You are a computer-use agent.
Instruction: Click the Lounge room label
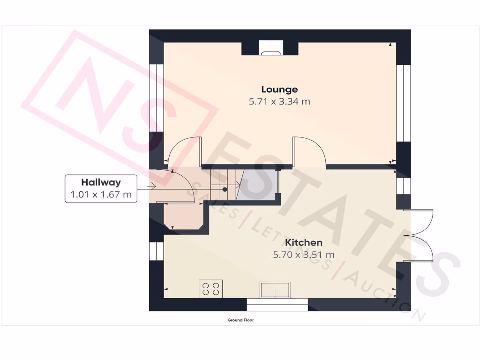pyautogui.click(x=279, y=89)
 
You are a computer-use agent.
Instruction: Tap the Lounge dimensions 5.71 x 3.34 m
pyautogui.click(x=279, y=101)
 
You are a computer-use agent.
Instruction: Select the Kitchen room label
pyautogui.click(x=304, y=242)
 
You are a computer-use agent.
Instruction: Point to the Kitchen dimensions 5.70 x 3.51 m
pyautogui.click(x=304, y=255)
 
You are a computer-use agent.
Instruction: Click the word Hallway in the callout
pyautogui.click(x=101, y=182)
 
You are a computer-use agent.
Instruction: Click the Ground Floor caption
pyautogui.click(x=240, y=320)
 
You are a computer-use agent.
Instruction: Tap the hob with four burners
pyautogui.click(x=211, y=288)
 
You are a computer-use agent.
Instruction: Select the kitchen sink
pyautogui.click(x=275, y=290)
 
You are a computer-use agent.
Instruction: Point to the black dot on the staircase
pyautogui.click(x=225, y=189)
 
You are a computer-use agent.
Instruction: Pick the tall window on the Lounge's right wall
pyautogui.click(x=403, y=103)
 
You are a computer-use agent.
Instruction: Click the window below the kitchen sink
pyautogui.click(x=277, y=304)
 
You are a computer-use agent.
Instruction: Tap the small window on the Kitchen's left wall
pyautogui.click(x=156, y=251)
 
